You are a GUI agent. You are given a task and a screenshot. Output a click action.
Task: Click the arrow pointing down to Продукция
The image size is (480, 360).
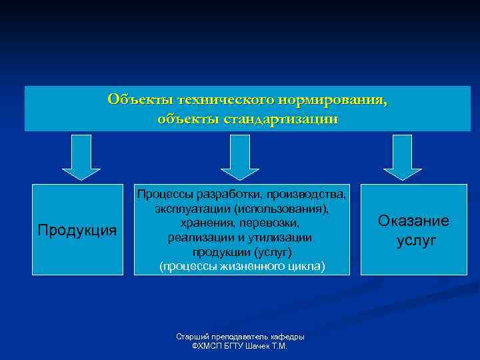[x=81, y=157]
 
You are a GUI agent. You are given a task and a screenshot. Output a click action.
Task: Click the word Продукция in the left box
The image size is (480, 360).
[x=77, y=231]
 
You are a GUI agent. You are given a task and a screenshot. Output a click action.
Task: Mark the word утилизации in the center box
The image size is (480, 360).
[x=280, y=238]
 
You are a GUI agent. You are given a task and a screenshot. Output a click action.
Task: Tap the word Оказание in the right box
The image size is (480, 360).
[x=413, y=221]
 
